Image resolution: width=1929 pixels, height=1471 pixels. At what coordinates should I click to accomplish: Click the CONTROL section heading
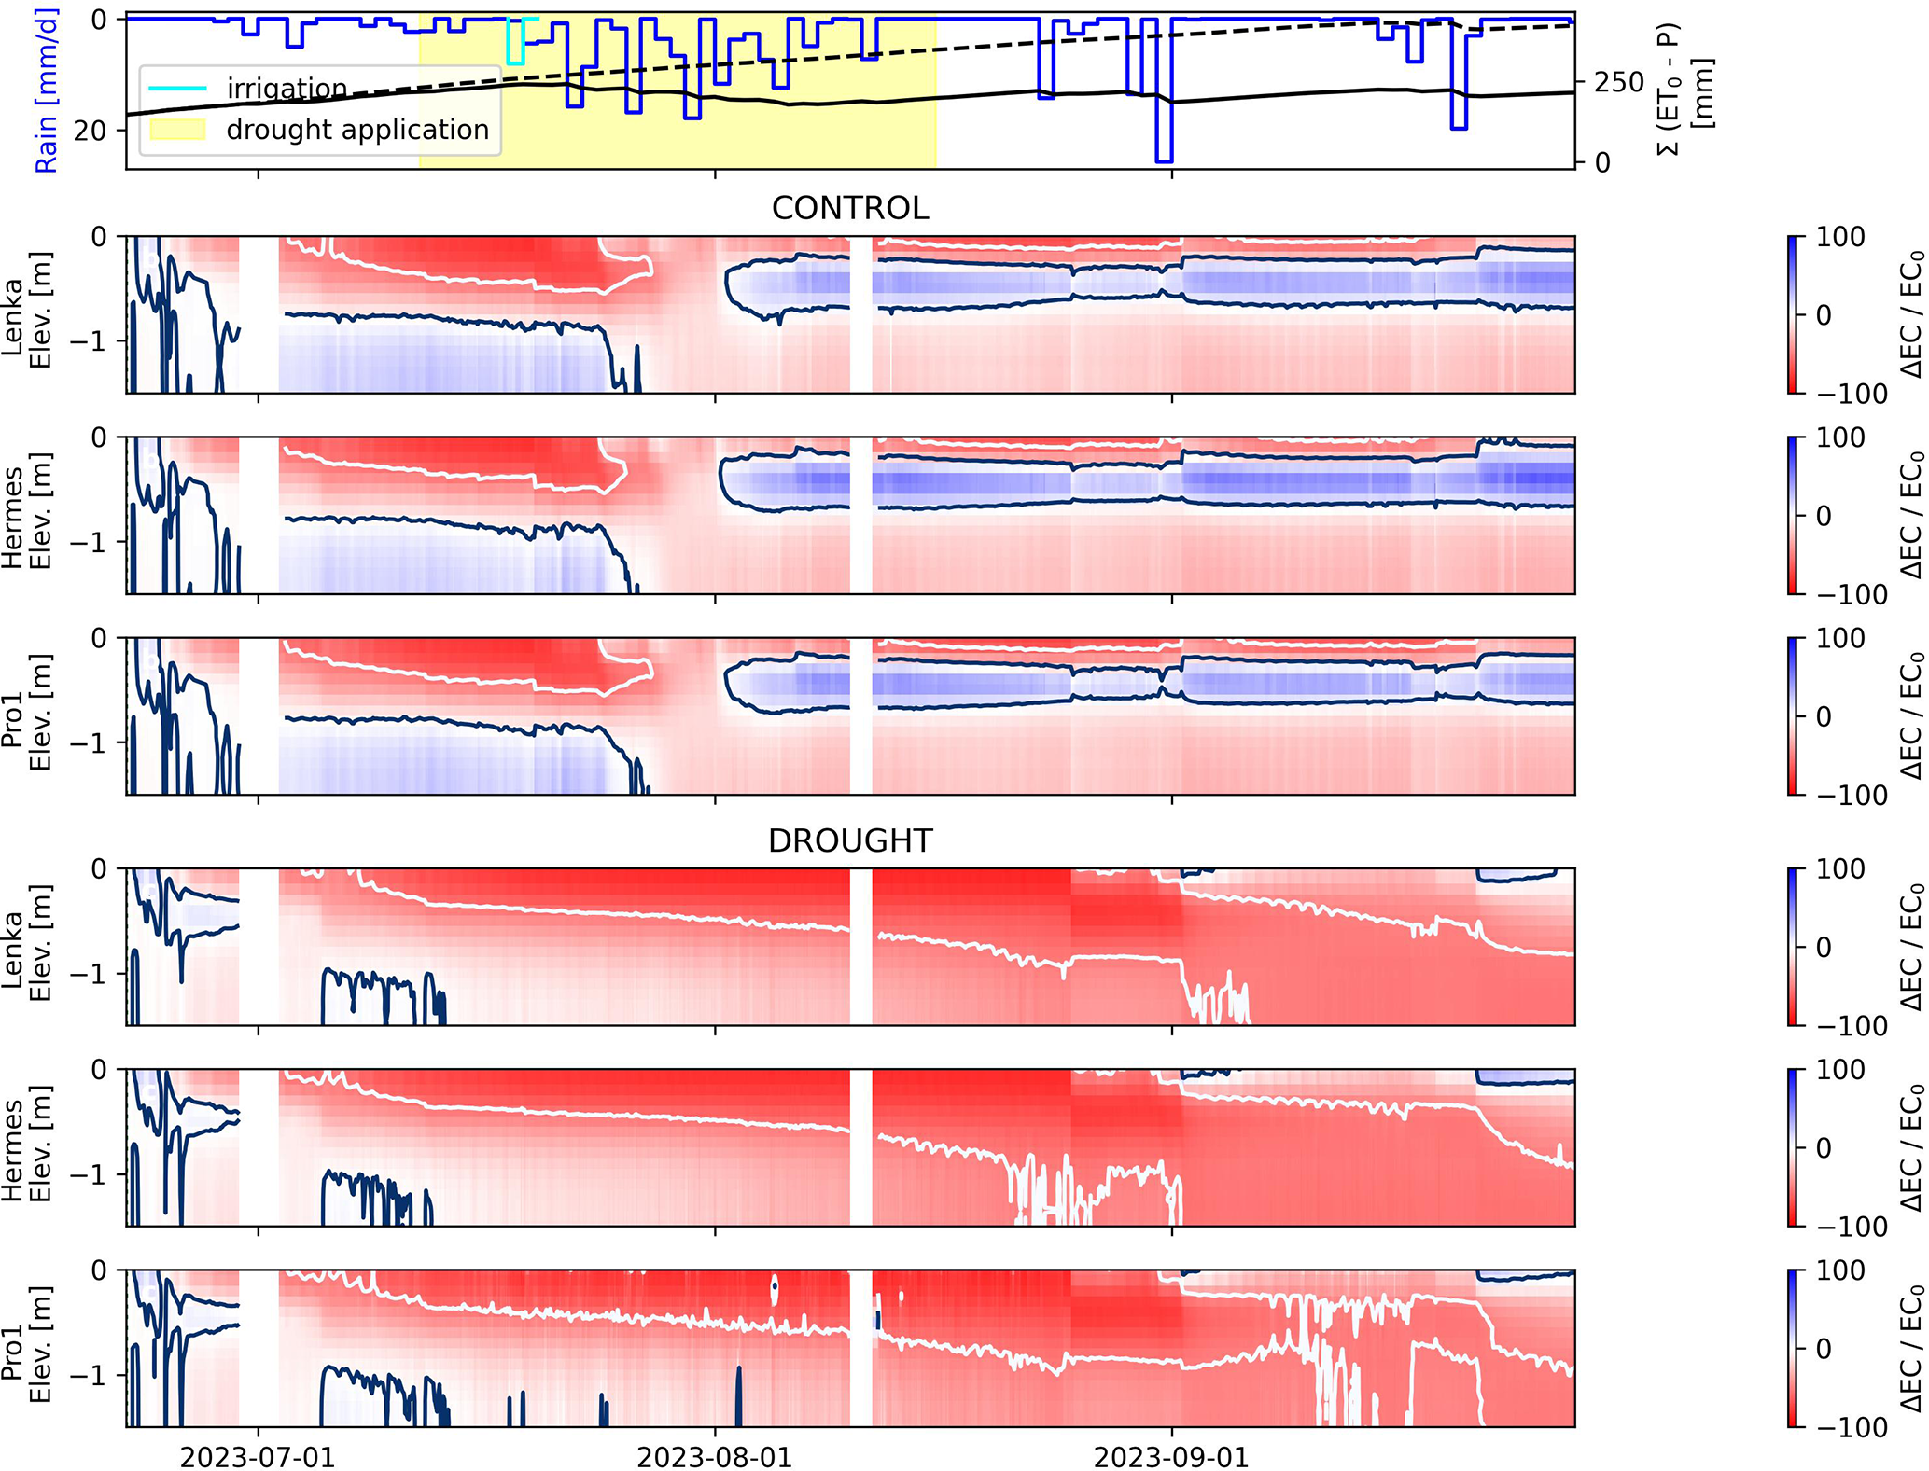pos(849,208)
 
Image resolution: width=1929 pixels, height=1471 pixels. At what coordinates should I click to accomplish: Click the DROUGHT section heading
pos(849,841)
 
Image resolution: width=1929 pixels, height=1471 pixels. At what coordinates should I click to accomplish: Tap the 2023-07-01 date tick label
pos(258,1457)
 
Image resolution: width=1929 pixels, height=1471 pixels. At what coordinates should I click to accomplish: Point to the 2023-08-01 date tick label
pos(715,1457)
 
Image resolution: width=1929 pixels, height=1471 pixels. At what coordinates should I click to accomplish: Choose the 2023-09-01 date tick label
pos(1171,1457)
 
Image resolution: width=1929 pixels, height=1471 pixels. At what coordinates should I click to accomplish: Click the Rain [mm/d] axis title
pos(47,90)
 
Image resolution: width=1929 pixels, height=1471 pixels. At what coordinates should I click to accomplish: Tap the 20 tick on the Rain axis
pos(90,131)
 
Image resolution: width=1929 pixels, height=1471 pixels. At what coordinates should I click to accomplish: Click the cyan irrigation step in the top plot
pos(515,42)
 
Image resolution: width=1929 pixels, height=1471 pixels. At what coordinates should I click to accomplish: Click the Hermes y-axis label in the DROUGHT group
pos(26,1147)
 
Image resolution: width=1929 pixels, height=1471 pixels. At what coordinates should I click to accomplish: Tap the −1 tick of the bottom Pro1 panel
pos(90,1376)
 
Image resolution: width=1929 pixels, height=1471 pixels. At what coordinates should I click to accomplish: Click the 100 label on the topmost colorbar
pos(1839,238)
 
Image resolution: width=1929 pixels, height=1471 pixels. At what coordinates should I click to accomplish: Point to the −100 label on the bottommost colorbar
pos(1852,1427)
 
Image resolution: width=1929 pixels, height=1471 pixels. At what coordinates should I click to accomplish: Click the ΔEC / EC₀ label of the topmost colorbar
pos(1911,314)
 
